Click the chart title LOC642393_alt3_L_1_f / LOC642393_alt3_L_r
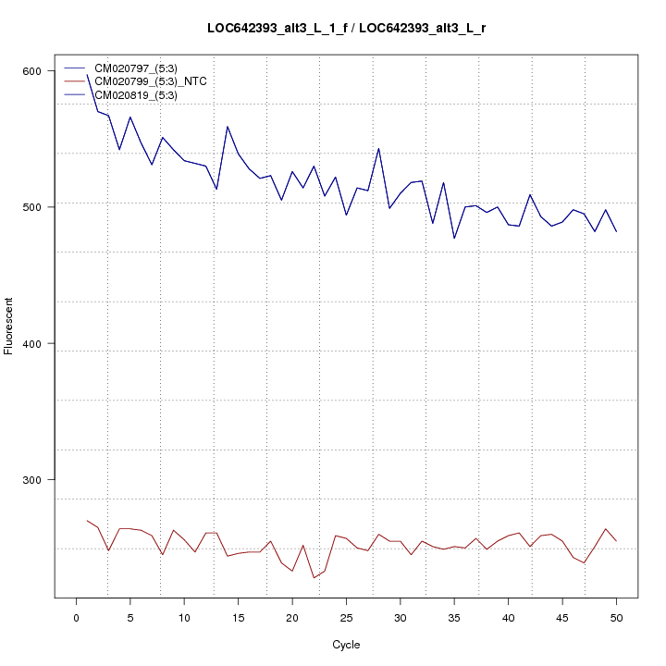(x=347, y=29)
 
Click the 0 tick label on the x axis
(x=76, y=617)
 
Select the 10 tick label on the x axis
(x=184, y=617)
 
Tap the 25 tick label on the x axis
(x=346, y=617)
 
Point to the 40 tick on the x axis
(x=508, y=617)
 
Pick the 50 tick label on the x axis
(x=616, y=617)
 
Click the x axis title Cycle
(x=346, y=645)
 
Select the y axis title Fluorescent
(x=10, y=326)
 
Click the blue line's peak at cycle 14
(x=228, y=127)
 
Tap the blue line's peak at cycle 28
(x=378, y=148)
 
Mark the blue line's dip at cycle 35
(x=454, y=239)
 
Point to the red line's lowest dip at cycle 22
(x=314, y=578)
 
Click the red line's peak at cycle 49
(x=605, y=529)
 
